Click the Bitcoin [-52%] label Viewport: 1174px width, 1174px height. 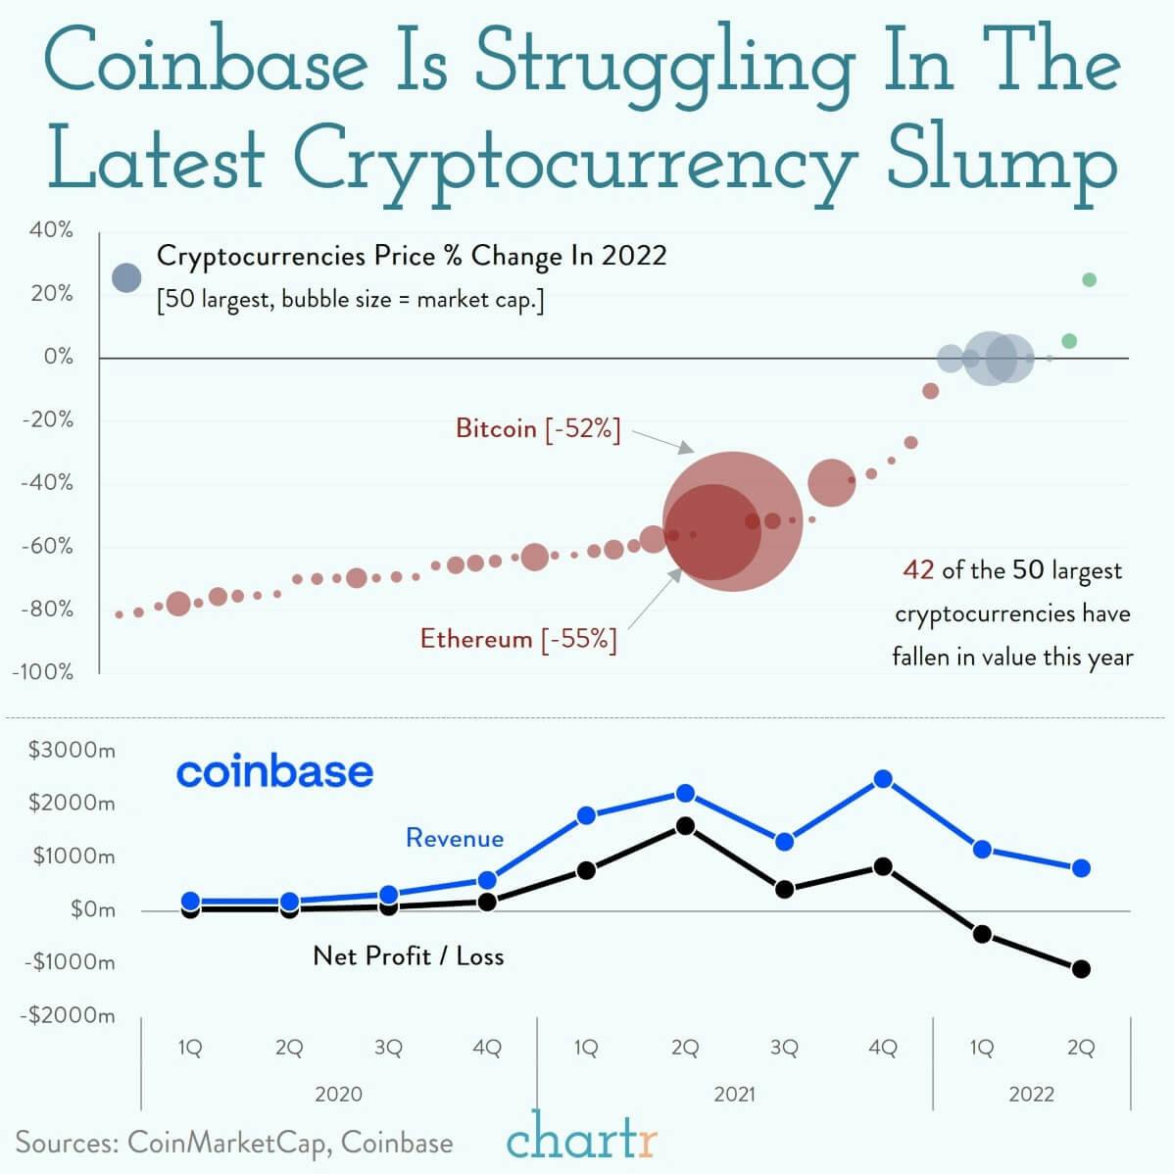538,428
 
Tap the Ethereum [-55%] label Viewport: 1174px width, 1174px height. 518,639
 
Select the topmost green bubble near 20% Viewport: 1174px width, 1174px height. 1089,280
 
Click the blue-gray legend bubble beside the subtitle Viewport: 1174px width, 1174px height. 126,277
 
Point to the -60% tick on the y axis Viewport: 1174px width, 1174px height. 47,546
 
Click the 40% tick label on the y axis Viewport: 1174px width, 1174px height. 51,230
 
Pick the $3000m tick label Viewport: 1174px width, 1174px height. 72,751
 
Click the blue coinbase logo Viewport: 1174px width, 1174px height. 274,771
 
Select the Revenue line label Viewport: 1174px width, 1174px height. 455,838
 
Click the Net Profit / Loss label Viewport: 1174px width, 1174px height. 408,955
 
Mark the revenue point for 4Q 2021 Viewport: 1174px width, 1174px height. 883,779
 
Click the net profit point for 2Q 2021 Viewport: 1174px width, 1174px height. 685,826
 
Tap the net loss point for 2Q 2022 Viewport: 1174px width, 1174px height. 1081,969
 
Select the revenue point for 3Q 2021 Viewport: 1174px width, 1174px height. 784,842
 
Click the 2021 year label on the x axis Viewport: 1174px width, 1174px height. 734,1094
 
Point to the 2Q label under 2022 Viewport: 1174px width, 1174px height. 1080,1048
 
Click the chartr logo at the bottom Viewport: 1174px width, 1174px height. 582,1140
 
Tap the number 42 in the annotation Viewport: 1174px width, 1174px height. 918,569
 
